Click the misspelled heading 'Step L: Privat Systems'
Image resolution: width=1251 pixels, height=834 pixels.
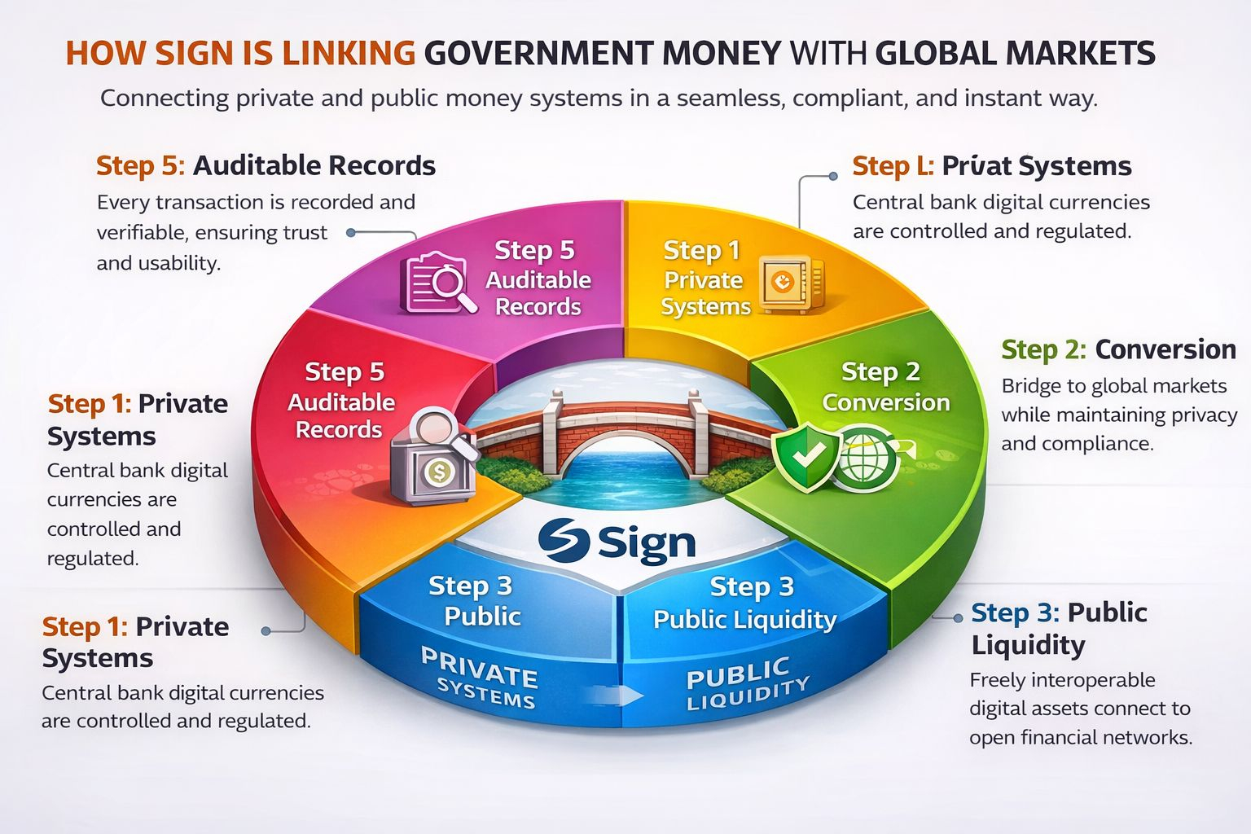(991, 166)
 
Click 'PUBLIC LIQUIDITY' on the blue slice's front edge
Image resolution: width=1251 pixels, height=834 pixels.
(746, 683)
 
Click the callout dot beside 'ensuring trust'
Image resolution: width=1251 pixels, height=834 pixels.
(351, 233)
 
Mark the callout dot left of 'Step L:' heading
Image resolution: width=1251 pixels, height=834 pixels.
(832, 176)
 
